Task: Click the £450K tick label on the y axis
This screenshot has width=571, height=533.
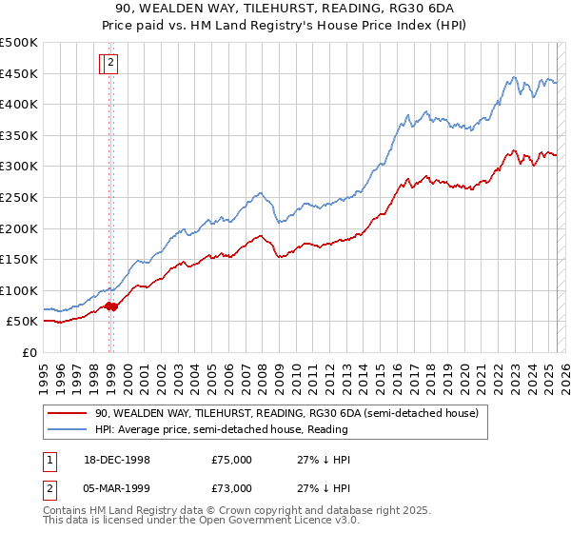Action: coord(19,73)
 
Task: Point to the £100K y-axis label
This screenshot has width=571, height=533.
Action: coord(19,290)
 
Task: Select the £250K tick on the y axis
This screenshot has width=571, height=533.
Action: coord(19,197)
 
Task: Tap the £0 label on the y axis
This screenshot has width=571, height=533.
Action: coord(30,352)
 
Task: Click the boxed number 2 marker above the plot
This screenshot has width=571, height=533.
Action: coord(110,64)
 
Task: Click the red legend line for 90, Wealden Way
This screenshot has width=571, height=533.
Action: coord(68,412)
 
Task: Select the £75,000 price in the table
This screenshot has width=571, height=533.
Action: coord(231,460)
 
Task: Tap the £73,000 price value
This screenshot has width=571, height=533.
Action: coord(231,488)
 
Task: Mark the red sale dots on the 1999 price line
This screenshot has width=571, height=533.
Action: coord(111,306)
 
